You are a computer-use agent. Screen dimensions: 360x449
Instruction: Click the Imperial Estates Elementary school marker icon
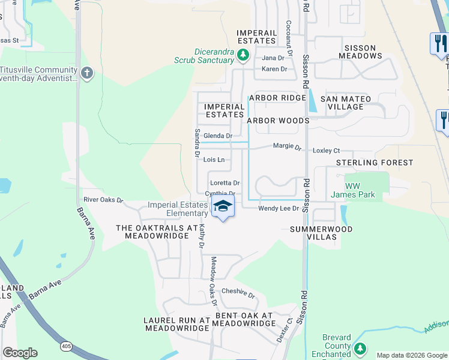pyautogui.click(x=223, y=206)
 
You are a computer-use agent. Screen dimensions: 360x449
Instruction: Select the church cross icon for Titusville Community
pyautogui.click(x=87, y=73)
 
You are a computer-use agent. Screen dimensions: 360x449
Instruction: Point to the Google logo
pyautogui.click(x=20, y=353)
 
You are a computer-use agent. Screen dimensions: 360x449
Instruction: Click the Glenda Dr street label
pyautogui.click(x=218, y=136)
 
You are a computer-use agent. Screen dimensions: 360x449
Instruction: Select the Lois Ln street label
pyautogui.click(x=214, y=160)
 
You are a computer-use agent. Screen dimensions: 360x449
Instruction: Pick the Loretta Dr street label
pyautogui.click(x=224, y=183)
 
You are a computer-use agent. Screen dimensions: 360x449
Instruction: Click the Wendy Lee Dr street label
pyautogui.click(x=279, y=208)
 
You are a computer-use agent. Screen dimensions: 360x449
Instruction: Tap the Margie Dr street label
pyautogui.click(x=287, y=146)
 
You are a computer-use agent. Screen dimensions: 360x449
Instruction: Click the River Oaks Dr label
pyautogui.click(x=103, y=200)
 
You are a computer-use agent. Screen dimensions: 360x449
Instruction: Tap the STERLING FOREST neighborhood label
pyautogui.click(x=375, y=163)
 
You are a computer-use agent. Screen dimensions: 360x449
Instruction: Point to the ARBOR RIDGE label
pyautogui.click(x=277, y=98)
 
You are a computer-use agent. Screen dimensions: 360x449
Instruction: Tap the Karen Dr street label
pyautogui.click(x=274, y=69)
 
